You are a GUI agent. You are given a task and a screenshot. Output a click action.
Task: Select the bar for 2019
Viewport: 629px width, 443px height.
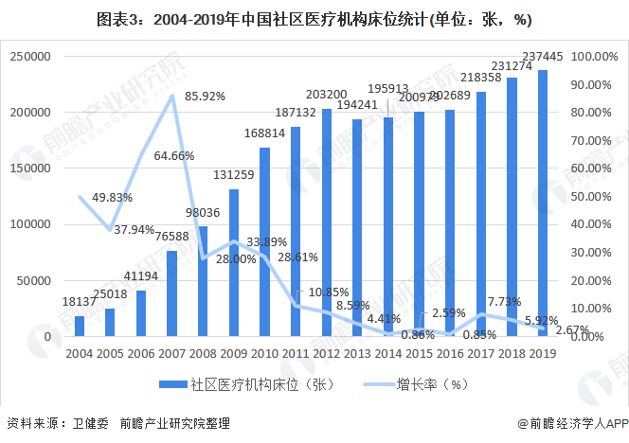coord(543,203)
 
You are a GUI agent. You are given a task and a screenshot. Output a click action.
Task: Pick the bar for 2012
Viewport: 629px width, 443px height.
coord(327,222)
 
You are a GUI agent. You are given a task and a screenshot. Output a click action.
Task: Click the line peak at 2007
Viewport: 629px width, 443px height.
coord(172,95)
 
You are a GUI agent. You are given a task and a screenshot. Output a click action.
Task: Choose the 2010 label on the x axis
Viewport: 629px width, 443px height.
coord(265,354)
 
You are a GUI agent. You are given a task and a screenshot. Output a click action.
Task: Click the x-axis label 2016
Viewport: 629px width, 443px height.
coord(450,354)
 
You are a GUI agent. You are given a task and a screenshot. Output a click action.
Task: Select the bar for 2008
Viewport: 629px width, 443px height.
coord(204,281)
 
